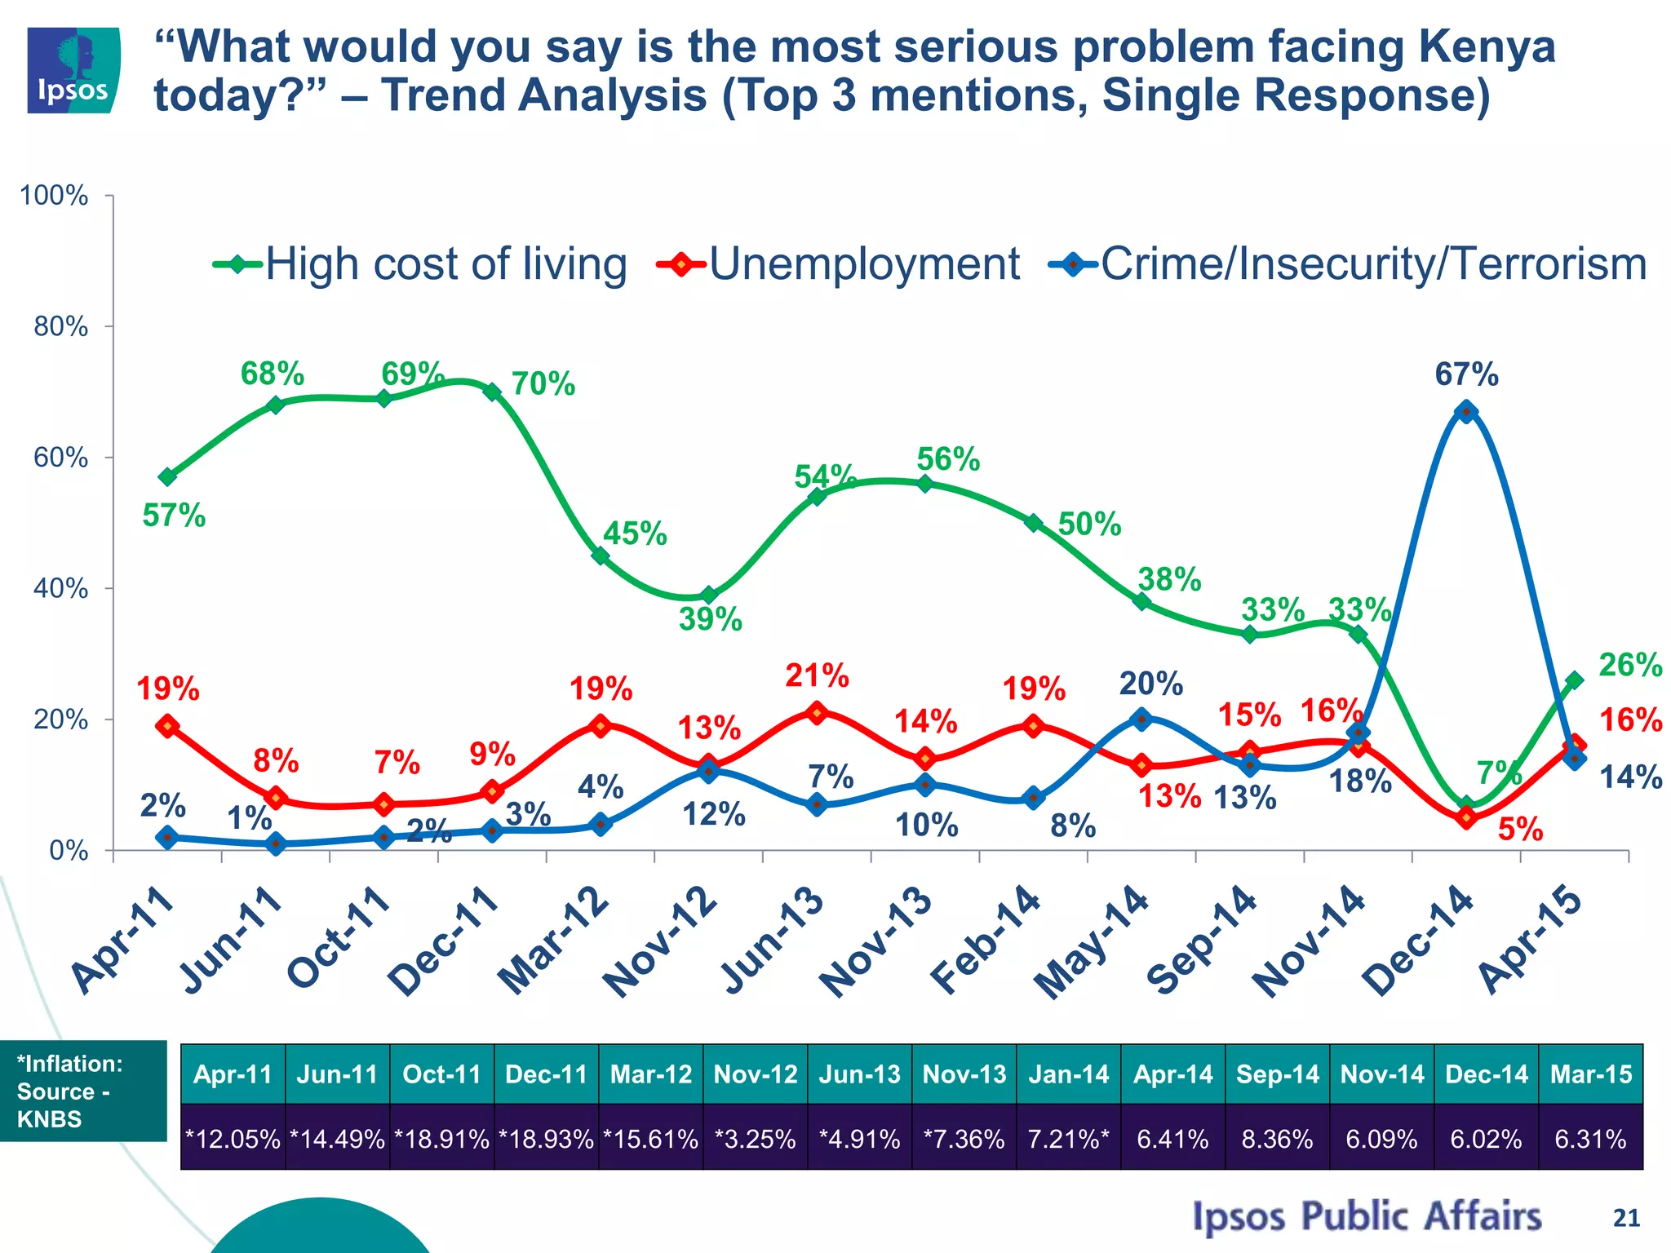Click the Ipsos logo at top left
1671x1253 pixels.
point(73,69)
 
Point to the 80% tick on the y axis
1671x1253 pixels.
point(61,327)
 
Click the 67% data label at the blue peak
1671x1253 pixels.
point(1466,375)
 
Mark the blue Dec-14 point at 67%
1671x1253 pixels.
point(1466,411)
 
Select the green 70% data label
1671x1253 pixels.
point(543,383)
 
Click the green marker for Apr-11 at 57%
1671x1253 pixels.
point(168,476)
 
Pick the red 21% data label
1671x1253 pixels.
point(817,676)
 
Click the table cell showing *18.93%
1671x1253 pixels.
point(546,1139)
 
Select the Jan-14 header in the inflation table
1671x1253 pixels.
point(1068,1074)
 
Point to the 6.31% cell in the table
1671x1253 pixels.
point(1590,1139)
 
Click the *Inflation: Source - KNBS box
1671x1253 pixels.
point(82,1091)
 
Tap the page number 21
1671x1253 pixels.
point(1626,1218)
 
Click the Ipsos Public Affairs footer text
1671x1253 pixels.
point(1367,1216)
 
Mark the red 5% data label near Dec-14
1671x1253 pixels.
point(1520,830)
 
